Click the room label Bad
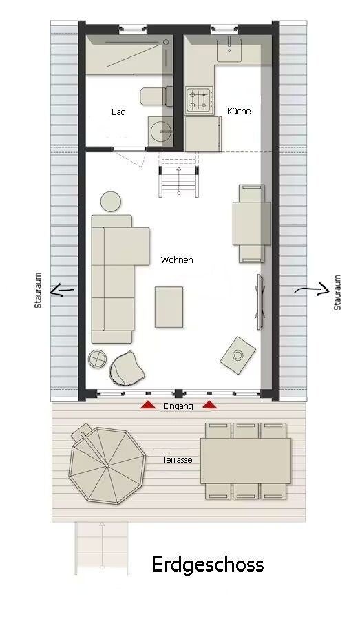click(x=118, y=112)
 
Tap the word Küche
click(x=239, y=111)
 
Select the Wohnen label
click(x=177, y=260)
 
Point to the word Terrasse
click(x=177, y=460)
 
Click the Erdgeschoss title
click(x=208, y=565)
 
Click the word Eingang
click(x=178, y=406)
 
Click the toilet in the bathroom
click(x=156, y=96)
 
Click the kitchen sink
click(x=229, y=50)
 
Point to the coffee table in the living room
click(x=169, y=307)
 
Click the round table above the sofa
click(x=111, y=202)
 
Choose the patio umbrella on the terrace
click(x=107, y=465)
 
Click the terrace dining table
click(x=246, y=461)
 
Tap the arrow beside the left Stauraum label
click(x=62, y=290)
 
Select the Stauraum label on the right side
click(x=337, y=293)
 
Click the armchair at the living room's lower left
click(x=127, y=368)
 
